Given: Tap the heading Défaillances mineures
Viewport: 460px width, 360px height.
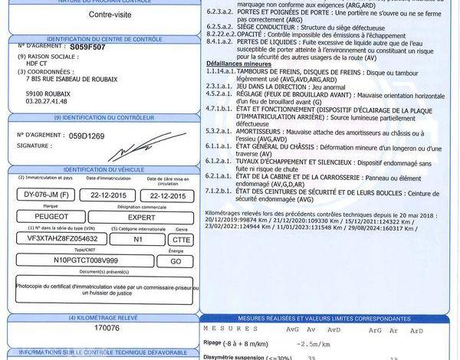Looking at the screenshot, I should click(x=238, y=63).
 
